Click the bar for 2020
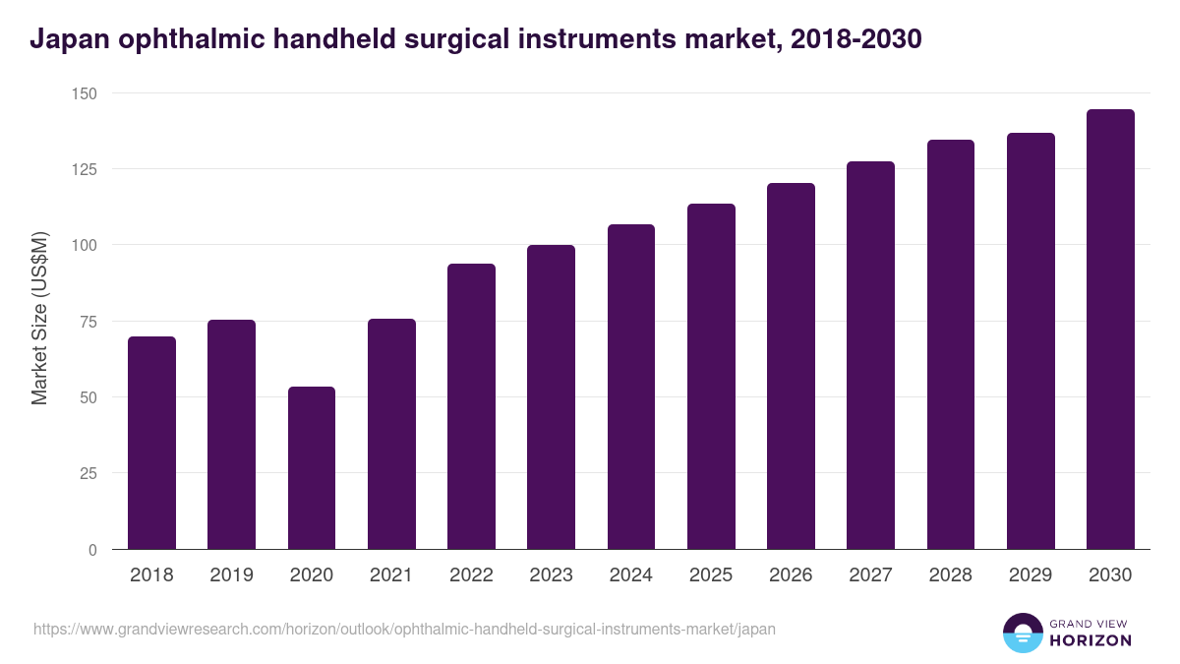[312, 468]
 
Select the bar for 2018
[151, 443]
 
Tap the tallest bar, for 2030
[1110, 330]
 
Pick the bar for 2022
[471, 406]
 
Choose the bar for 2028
[951, 344]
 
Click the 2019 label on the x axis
[231, 575]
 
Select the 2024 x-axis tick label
[630, 575]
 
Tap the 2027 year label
[870, 575]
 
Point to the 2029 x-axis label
[1031, 575]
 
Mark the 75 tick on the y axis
[88, 322]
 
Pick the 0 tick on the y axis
[92, 550]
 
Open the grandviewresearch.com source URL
[404, 629]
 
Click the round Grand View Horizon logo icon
[1022, 633]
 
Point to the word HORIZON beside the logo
[1090, 640]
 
